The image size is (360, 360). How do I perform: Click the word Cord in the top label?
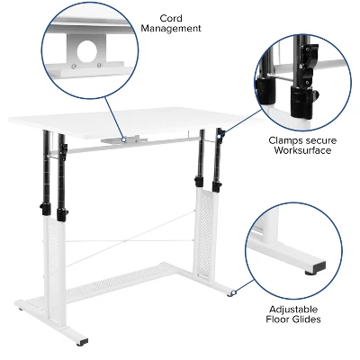coord(171,17)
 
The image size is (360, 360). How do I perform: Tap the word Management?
coord(171,29)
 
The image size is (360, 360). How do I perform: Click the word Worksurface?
coord(303,150)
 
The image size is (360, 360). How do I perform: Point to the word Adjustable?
coord(293,307)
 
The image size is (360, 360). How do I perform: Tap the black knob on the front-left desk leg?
coord(61,215)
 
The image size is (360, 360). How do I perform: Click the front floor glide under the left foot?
coord(83,342)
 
